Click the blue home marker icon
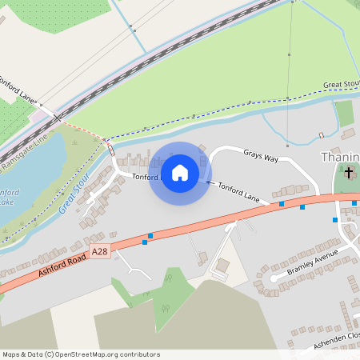180,173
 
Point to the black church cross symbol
349,173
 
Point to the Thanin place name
340,157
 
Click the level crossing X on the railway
58,118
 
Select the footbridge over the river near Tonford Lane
110,148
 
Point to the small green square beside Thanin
345,114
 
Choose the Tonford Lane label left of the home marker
146,177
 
